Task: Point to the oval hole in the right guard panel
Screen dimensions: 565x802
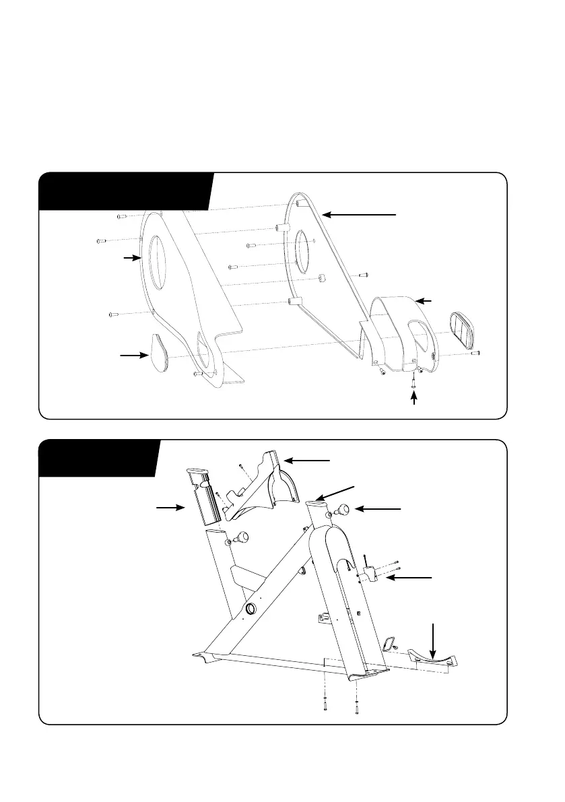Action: pos(302,253)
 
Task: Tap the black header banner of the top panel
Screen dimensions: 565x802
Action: pos(125,191)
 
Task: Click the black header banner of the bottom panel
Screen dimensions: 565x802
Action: pos(98,457)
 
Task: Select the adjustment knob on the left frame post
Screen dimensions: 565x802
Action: pos(240,537)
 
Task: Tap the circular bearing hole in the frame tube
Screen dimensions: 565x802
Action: pos(250,609)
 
